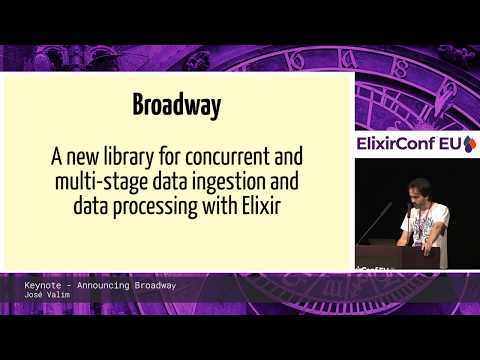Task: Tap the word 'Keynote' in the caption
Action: [45, 285]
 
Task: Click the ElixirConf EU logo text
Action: [409, 144]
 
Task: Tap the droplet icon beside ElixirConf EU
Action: [470, 144]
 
